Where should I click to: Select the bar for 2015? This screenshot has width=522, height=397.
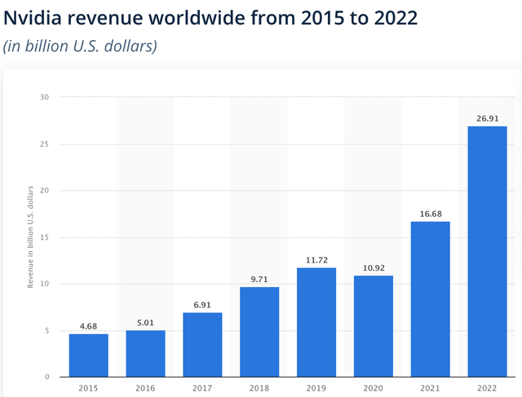click(88, 355)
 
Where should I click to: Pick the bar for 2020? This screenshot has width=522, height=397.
click(373, 326)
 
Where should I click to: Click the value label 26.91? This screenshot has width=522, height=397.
click(487, 118)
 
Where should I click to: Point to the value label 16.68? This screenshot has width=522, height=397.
click(430, 214)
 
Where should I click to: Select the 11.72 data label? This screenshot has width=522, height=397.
click(316, 260)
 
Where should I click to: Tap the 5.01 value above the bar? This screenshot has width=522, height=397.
click(145, 322)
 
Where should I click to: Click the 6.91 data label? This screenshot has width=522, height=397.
click(202, 305)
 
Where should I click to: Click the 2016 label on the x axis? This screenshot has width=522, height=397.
click(145, 388)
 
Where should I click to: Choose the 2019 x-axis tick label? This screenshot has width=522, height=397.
click(316, 388)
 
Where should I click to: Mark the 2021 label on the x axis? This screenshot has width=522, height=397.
click(430, 388)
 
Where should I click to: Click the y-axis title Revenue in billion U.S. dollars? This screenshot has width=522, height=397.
click(31, 237)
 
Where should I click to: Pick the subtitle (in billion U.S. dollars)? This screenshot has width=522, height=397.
click(79, 46)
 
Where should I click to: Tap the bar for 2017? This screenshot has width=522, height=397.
click(202, 345)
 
